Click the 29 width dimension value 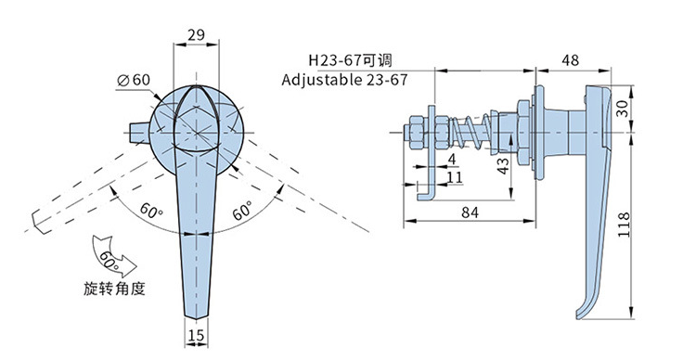(196, 35)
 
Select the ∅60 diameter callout (134, 80)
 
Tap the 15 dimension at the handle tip (196, 335)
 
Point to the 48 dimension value (570, 60)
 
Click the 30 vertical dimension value (623, 109)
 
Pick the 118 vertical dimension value (624, 225)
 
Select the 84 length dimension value (470, 212)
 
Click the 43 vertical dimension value (503, 166)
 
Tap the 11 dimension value (455, 177)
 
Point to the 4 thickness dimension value (452, 160)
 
